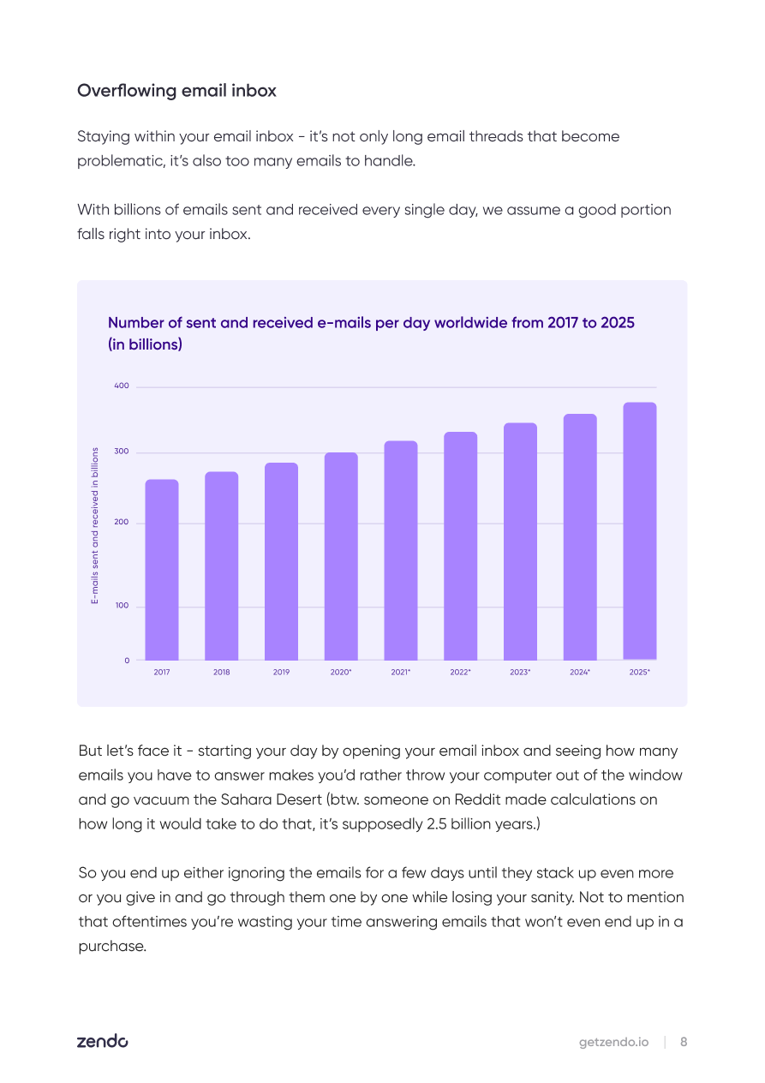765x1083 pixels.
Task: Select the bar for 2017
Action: (162, 570)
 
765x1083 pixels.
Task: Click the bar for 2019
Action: (281, 561)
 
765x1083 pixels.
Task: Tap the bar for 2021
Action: (401, 550)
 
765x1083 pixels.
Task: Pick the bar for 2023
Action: (520, 541)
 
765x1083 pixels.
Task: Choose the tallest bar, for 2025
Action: (640, 531)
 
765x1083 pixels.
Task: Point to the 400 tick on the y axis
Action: (122, 386)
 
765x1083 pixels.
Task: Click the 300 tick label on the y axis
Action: (122, 451)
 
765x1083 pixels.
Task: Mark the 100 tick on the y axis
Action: (122, 605)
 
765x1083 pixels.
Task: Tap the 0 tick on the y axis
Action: (127, 661)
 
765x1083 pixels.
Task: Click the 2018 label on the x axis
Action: (221, 672)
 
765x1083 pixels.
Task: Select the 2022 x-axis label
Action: (460, 672)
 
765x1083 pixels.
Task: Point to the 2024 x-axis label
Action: (579, 672)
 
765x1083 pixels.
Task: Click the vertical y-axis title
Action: (95, 525)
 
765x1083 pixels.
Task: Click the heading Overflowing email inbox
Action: (176, 91)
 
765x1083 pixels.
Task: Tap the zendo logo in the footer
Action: (103, 1041)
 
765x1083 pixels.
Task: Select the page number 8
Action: (684, 1042)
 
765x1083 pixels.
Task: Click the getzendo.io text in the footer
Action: (613, 1043)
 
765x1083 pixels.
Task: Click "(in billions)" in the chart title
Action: (145, 344)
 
